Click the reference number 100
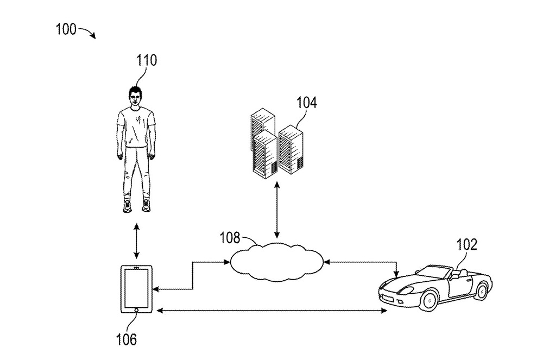(65, 29)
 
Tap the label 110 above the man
(146, 60)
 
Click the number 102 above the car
(467, 244)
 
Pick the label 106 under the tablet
(126, 340)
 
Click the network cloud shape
(276, 260)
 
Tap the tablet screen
(135, 287)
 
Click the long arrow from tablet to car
(271, 311)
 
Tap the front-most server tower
(266, 154)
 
